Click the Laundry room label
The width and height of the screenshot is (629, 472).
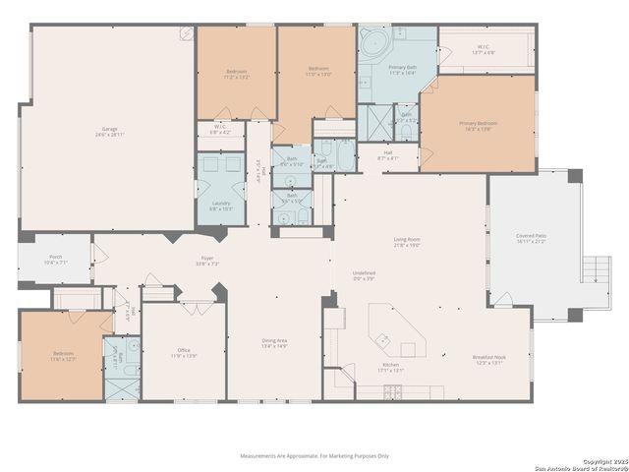(x=221, y=206)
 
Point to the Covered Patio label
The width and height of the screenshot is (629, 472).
(x=533, y=239)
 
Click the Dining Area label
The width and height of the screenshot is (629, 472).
(x=274, y=343)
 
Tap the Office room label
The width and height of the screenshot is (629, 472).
(x=184, y=352)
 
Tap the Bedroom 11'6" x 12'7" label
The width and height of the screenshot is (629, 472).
(x=63, y=356)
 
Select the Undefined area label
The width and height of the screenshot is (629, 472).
(x=364, y=275)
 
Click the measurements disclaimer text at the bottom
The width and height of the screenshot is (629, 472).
(x=314, y=456)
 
